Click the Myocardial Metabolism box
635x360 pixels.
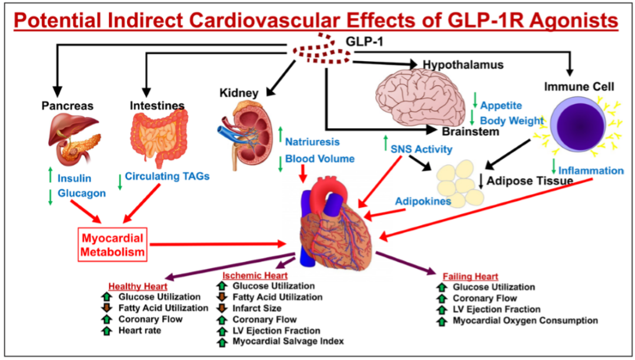(112, 244)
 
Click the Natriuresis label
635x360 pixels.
(312, 142)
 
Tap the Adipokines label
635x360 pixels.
(423, 201)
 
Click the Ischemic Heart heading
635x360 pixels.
(255, 275)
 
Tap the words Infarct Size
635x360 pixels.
(257, 308)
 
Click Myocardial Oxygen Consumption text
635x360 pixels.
(525, 321)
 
